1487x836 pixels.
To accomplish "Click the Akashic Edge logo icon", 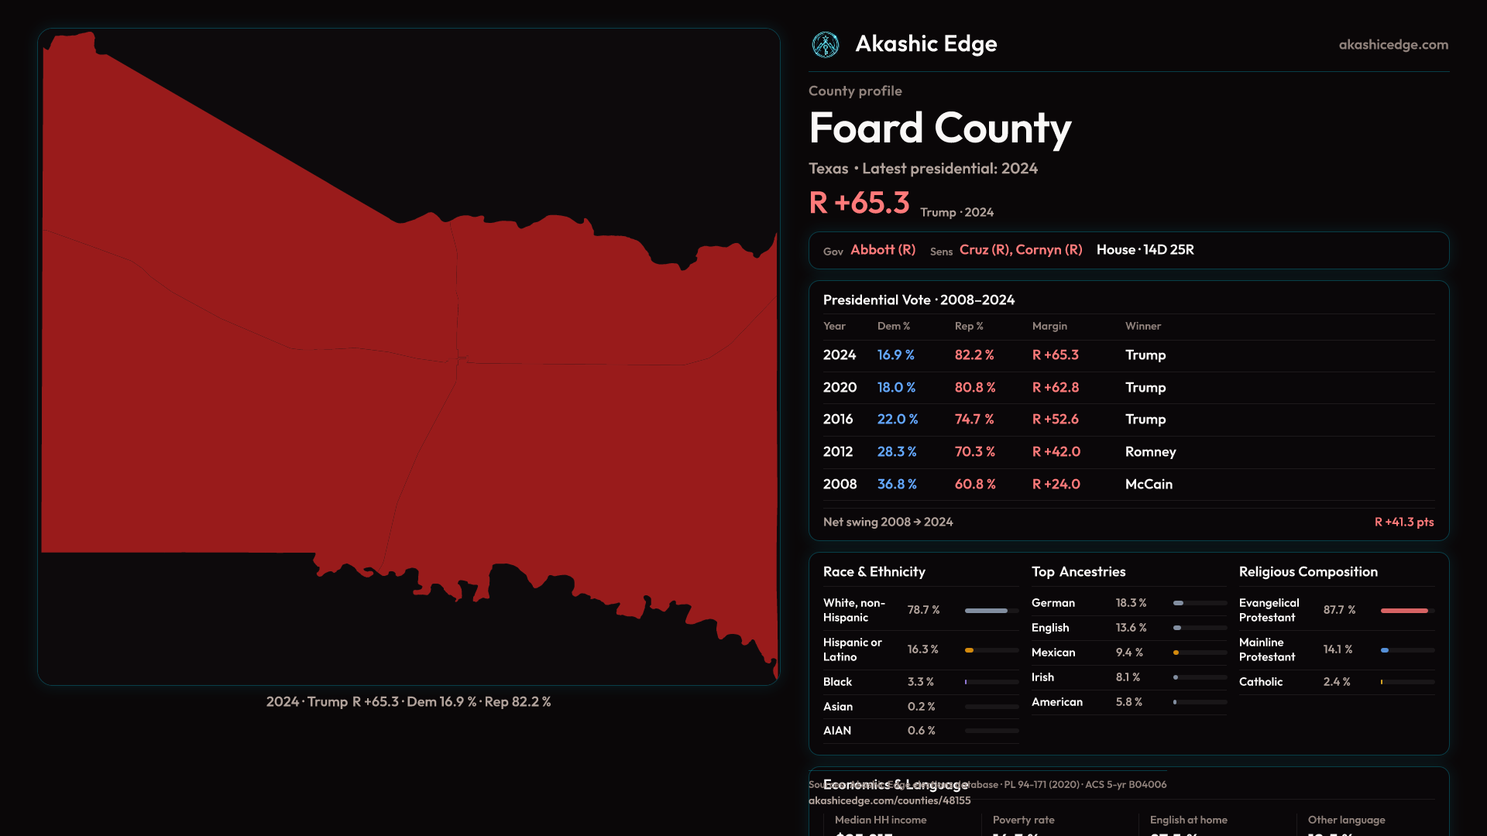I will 825,45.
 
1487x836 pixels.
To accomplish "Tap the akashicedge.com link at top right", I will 1393,45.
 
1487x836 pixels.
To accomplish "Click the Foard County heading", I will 939,128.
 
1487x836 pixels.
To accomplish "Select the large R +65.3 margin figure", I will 859,203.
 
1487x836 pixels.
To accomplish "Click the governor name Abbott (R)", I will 883,250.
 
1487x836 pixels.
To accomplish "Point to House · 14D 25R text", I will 1145,250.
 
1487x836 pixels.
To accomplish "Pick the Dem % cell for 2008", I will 897,485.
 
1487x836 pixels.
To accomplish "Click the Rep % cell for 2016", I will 974,420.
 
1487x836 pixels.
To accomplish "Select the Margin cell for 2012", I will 1056,452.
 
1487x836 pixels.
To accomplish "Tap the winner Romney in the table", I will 1150,452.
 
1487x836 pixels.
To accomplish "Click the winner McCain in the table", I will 1149,485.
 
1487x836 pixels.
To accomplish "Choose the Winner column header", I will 1142,327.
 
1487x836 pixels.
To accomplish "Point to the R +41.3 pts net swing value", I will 1403,522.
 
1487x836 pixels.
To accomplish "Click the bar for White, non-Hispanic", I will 991,611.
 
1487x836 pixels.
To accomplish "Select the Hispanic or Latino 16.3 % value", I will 922,649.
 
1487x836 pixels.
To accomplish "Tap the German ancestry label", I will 1053,603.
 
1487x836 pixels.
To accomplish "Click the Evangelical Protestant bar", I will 1406,611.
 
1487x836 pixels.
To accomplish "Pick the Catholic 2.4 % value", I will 1336,682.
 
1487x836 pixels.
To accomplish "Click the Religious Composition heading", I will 1308,572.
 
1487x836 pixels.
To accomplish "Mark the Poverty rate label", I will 1023,820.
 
